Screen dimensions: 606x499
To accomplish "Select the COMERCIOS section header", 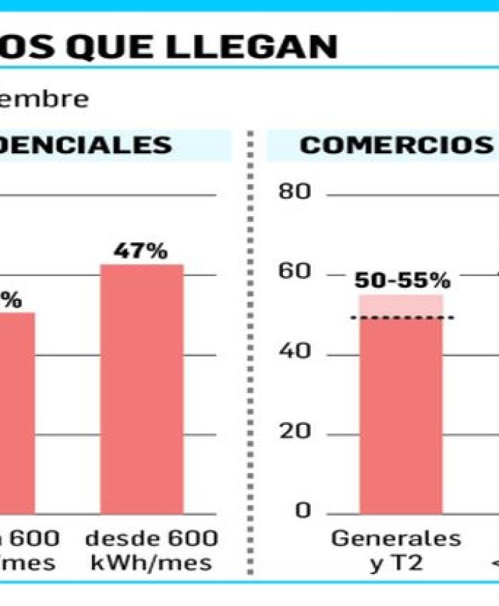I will [x=396, y=145].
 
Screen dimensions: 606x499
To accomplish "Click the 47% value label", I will [x=141, y=252].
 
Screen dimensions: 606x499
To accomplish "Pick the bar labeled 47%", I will [x=141, y=389].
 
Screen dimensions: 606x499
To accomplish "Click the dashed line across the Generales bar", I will [x=402, y=317].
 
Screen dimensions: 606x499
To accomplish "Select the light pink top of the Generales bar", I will [x=401, y=306].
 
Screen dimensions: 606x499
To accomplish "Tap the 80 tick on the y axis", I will [x=299, y=194].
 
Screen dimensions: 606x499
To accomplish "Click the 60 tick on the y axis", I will [x=299, y=273].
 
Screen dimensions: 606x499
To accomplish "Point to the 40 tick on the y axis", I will [x=299, y=353].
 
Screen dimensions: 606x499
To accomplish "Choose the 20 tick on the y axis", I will [x=299, y=433].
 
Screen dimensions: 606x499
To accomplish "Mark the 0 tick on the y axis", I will [x=304, y=511].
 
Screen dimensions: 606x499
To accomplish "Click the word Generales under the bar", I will [x=396, y=538].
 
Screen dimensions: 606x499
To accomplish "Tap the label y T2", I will [x=396, y=563].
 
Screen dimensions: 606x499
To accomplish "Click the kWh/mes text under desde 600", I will [x=151, y=563].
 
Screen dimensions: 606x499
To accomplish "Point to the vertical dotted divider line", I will [x=251, y=356].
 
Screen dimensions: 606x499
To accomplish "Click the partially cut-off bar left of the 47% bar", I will [x=16, y=414].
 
